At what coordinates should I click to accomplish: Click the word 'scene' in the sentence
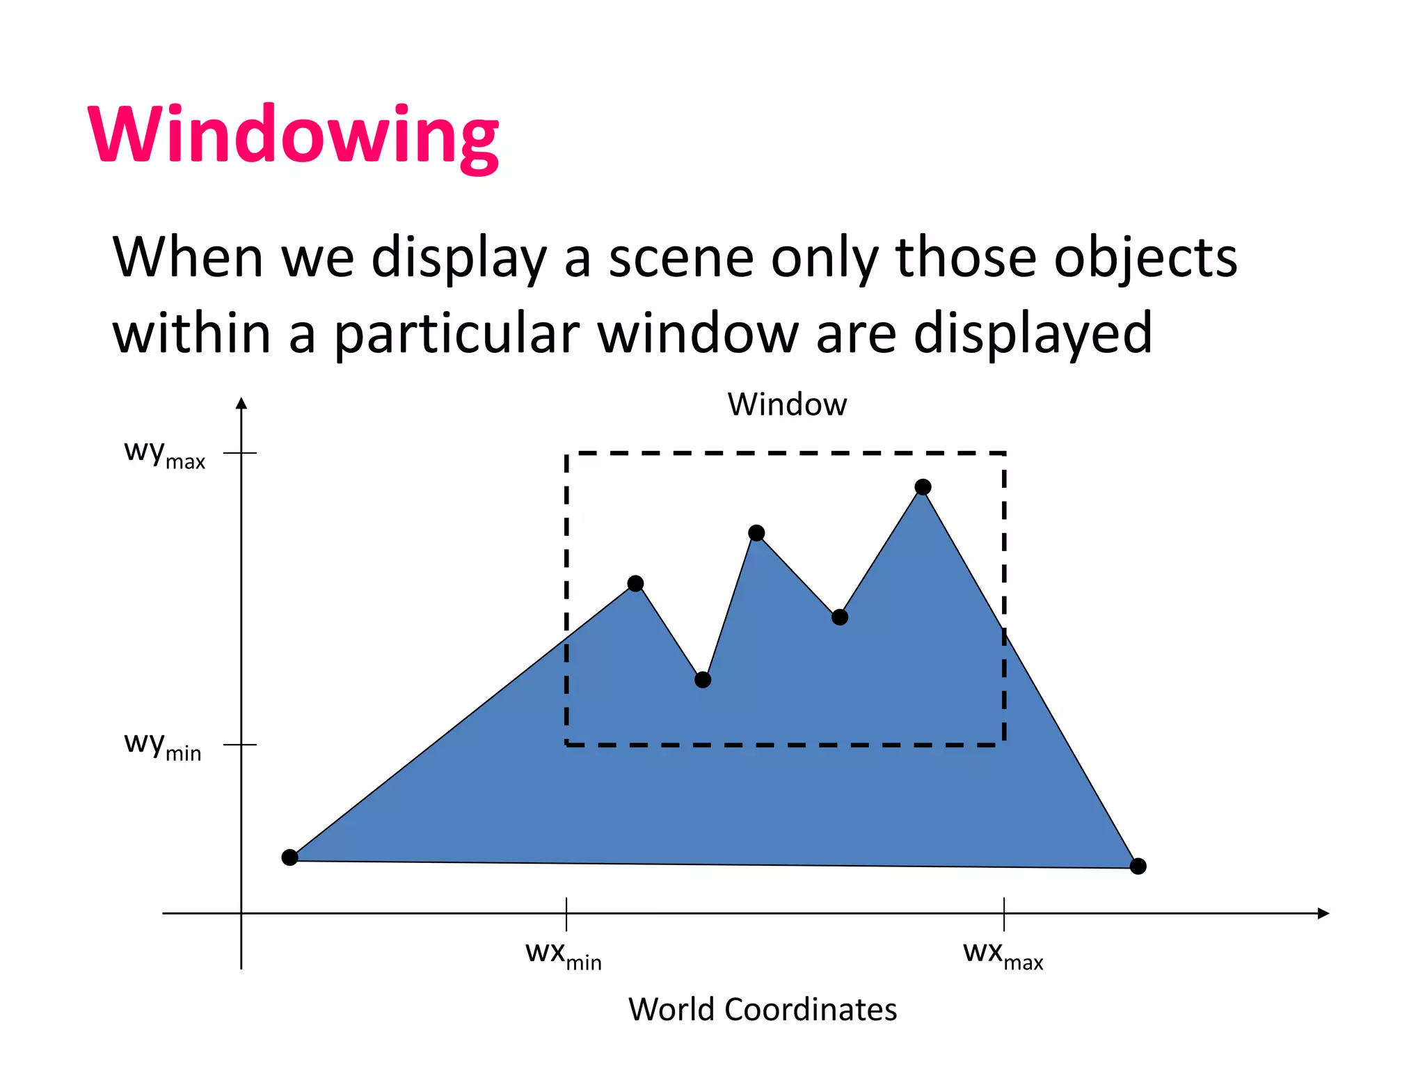(680, 258)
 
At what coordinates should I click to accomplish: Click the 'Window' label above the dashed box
(787, 404)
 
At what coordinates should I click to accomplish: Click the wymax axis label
(164, 454)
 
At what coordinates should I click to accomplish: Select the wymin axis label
(162, 745)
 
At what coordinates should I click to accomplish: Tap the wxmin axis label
(563, 954)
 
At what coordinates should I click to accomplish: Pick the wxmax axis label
(1003, 954)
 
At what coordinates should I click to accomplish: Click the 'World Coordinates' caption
(763, 1009)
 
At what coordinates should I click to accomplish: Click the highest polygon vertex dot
(923, 487)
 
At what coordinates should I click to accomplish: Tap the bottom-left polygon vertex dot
(290, 857)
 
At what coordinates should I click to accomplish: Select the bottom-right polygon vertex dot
(1138, 866)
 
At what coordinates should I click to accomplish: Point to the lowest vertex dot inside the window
(703, 680)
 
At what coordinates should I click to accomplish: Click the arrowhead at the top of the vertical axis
(241, 404)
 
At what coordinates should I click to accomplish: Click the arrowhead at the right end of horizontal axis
(1323, 913)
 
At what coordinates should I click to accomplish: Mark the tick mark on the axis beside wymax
(241, 453)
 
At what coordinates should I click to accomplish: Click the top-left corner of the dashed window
(567, 454)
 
